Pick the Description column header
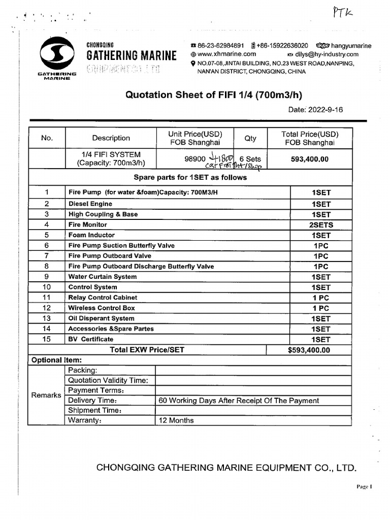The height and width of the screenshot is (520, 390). [111, 138]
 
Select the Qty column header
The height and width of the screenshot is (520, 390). [250, 138]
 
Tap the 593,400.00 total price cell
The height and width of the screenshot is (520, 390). [309, 159]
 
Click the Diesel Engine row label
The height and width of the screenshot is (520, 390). [90, 204]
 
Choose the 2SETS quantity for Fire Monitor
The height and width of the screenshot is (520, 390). [321, 225]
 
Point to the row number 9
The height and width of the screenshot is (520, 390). [47, 277]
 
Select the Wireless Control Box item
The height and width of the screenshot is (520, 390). [102, 308]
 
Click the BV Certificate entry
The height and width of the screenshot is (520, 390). [91, 339]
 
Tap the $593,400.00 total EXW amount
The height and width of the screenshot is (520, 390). [309, 350]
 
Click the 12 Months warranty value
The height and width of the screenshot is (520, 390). [176, 420]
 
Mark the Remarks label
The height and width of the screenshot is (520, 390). [46, 395]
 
